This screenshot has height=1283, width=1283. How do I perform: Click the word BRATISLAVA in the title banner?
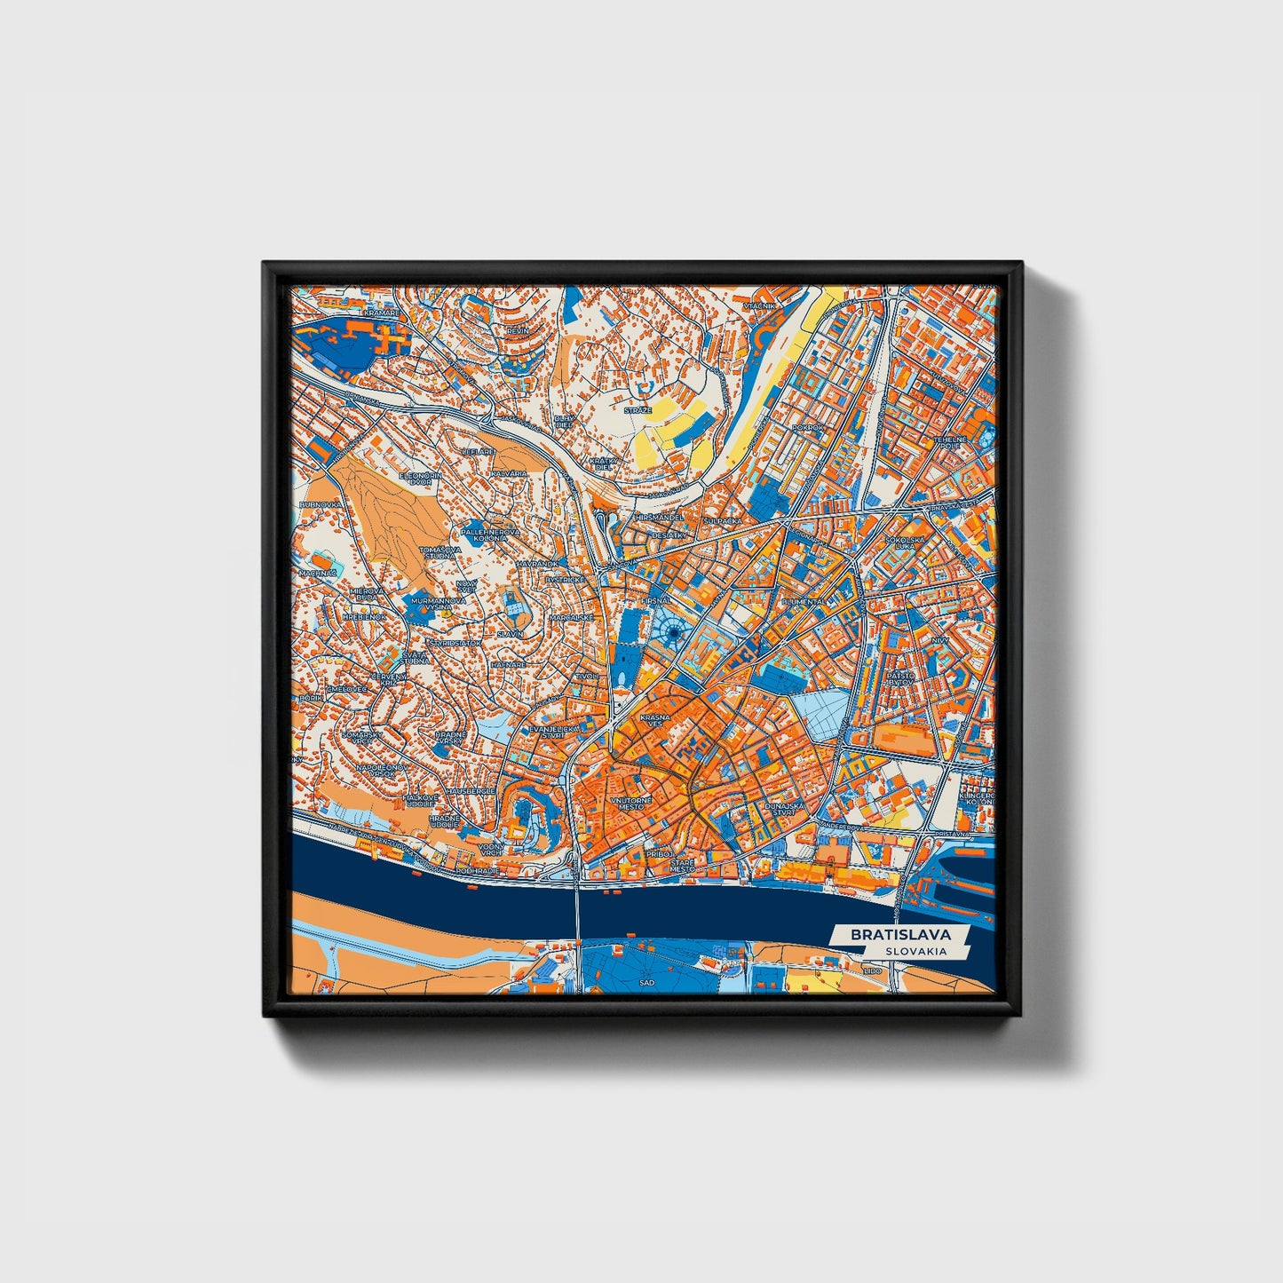(x=900, y=934)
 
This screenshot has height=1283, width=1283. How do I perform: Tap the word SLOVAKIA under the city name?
(x=915, y=951)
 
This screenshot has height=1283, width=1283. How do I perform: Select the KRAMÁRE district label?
(x=382, y=313)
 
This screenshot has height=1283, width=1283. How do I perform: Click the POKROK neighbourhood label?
(x=808, y=427)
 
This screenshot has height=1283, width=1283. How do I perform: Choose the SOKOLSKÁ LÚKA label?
(x=905, y=543)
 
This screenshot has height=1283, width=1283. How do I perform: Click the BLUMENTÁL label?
(x=803, y=601)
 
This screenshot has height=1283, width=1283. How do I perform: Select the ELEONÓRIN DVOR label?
(x=420, y=479)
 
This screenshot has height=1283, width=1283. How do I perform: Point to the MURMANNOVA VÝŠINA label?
(x=440, y=604)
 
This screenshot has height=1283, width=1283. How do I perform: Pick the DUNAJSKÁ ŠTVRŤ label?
(x=782, y=808)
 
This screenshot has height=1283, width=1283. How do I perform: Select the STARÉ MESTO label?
(x=682, y=865)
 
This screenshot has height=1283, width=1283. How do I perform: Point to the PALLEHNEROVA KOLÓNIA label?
(x=490, y=535)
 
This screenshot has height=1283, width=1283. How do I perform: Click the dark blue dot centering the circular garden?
(x=674, y=632)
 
